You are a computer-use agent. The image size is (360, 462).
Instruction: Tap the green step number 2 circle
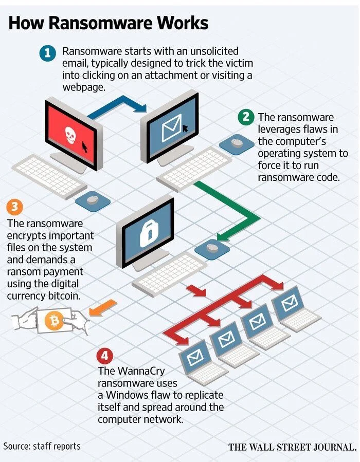(x=246, y=117)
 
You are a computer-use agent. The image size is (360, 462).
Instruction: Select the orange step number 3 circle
(x=14, y=207)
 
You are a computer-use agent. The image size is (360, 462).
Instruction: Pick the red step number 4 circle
(x=104, y=355)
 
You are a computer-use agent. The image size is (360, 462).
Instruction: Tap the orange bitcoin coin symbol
(x=53, y=322)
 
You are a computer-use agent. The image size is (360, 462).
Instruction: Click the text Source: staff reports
(x=42, y=446)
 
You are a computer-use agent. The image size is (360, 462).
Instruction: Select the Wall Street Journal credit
(x=292, y=447)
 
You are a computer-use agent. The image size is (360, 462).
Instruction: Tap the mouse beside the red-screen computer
(x=93, y=200)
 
